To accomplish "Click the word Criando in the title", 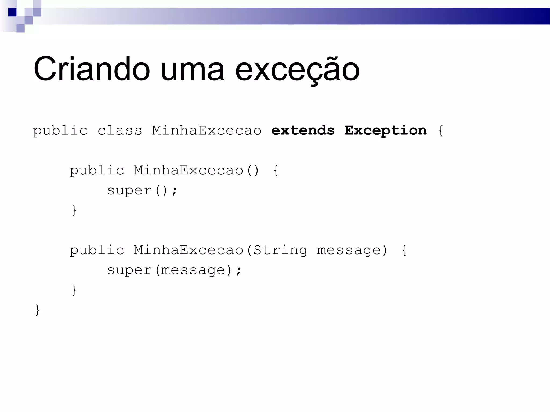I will click(92, 69).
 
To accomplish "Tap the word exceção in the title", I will click(297, 70).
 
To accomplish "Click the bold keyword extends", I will click(303, 131).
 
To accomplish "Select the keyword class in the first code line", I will click(120, 131).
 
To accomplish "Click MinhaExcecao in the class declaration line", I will click(207, 131).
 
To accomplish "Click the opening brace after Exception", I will click(441, 131).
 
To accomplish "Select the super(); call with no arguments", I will click(142, 191).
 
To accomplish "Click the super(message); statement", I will click(174, 270).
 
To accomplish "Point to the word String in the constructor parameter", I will click(280, 250).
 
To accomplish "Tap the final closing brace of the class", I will click(38, 310).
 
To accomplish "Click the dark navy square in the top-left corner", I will click(12, 12).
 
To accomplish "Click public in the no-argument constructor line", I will click(97, 171).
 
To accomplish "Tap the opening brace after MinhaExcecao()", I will click(276, 171).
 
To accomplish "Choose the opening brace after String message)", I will click(404, 250).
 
